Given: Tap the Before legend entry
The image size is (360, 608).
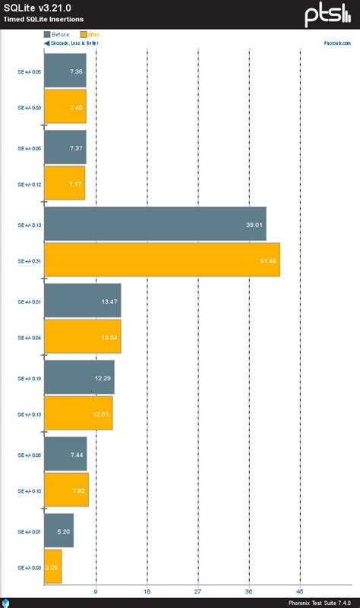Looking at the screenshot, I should click(57, 34).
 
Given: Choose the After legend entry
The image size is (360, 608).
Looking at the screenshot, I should click(89, 34).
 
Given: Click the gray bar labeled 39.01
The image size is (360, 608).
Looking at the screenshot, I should click(155, 224).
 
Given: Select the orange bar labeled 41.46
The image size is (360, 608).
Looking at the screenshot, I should click(162, 260).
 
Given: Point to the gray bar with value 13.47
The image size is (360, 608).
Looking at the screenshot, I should click(82, 301).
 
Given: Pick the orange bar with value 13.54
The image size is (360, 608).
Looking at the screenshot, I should click(82, 337).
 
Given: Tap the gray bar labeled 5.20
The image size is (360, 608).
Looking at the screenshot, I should click(58, 531).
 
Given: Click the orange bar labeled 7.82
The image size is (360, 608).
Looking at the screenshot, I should click(66, 490).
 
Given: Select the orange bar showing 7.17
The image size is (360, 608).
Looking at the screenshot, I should click(65, 183).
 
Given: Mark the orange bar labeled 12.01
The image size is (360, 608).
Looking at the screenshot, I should click(78, 414).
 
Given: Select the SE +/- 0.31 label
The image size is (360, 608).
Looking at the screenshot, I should click(29, 260).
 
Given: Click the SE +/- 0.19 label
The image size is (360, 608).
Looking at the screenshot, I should click(29, 377).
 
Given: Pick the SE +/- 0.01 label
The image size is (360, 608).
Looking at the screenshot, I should click(29, 301).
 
